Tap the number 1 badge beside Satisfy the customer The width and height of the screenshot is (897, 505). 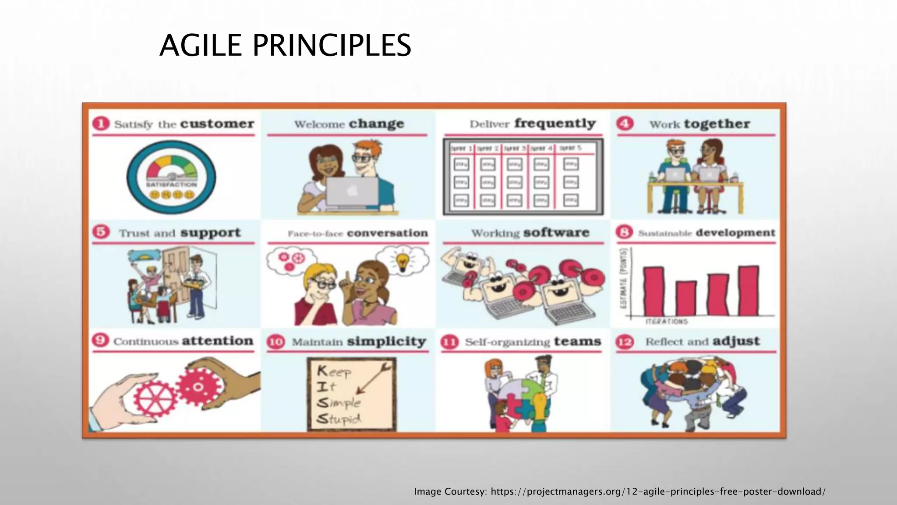click(101, 124)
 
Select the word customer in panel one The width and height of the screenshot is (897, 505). click(217, 124)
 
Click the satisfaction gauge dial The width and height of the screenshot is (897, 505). click(171, 177)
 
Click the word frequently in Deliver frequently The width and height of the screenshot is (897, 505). click(555, 124)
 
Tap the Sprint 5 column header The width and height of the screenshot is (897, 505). click(571, 149)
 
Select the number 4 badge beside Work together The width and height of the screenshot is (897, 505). click(625, 124)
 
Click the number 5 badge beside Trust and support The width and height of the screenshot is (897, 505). click(101, 232)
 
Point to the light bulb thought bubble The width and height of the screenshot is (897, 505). click(403, 260)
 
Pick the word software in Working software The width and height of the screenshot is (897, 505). click(556, 233)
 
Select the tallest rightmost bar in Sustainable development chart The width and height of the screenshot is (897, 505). click(749, 290)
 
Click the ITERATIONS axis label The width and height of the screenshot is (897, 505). click(667, 322)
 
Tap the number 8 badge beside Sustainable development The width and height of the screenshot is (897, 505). click(625, 232)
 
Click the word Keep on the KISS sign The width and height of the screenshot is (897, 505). click(334, 372)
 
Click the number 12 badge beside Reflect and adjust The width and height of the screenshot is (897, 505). click(625, 341)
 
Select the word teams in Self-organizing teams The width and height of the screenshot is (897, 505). click(577, 341)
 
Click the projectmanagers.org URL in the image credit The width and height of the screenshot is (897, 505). click(657, 491)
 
